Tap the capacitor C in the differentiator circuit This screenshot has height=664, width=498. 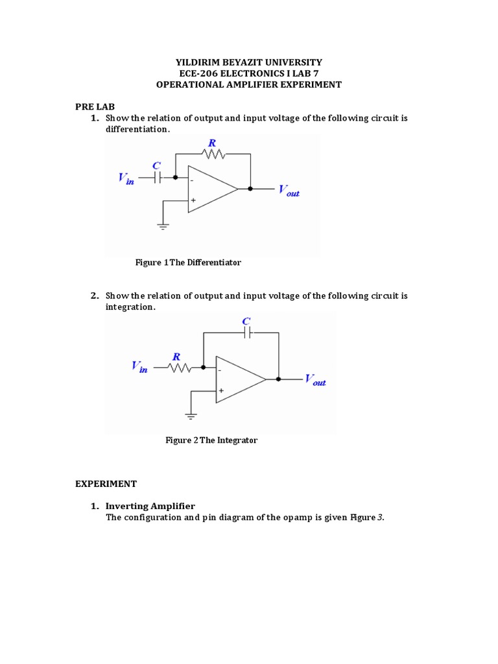157,176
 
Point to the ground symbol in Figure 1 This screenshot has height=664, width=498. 163,226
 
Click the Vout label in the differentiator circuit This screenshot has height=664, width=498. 289,191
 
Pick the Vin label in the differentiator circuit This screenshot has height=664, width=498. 126,178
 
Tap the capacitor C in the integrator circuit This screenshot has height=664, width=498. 247,333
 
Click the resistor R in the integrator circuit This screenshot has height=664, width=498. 179,368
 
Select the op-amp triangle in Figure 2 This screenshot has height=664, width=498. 237,379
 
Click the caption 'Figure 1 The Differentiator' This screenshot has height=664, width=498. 188,263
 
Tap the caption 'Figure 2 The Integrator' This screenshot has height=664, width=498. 211,440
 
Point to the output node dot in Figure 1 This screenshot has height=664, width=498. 250,189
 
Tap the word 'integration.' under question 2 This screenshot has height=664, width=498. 130,307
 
